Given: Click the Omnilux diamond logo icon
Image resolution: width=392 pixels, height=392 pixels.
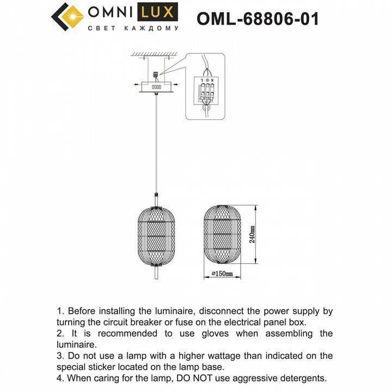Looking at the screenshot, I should point(68,17).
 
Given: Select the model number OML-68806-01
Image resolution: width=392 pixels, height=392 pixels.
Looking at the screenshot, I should point(258,19).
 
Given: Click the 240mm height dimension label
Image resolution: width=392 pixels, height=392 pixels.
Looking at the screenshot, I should point(252,236).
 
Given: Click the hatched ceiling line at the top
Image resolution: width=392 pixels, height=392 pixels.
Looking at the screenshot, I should point(155,53).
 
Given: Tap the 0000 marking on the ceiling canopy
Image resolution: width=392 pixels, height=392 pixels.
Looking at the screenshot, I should point(156,87).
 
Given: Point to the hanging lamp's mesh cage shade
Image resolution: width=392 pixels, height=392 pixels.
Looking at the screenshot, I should point(156,235).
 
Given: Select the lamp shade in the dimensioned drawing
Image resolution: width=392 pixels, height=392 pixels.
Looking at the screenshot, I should point(221,235).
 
